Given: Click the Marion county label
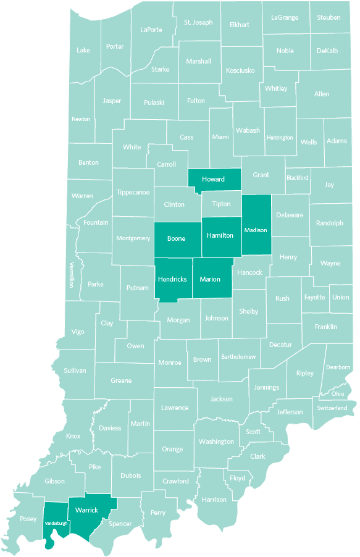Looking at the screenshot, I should point(210,279).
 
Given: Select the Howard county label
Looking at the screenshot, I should point(213,179).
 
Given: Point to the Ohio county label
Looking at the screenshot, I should point(338,393).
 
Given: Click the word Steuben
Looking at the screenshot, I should point(329,17).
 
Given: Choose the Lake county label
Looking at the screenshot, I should point(83,50).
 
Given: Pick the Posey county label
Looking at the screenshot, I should point(28,519).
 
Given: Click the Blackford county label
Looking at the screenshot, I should point(298,177).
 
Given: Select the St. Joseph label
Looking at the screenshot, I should point(198,22).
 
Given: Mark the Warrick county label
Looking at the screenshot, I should point(86,511).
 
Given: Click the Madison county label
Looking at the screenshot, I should point(256,230).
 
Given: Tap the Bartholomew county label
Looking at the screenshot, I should point(238,357).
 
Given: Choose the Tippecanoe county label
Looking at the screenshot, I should point(133,192).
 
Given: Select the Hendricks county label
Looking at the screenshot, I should point(172,279).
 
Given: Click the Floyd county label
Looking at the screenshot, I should point(238,478).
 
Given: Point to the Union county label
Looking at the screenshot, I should point(340,297).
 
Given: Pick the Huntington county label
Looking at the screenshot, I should point(280,138).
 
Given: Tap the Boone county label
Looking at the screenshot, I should point(176,238).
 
